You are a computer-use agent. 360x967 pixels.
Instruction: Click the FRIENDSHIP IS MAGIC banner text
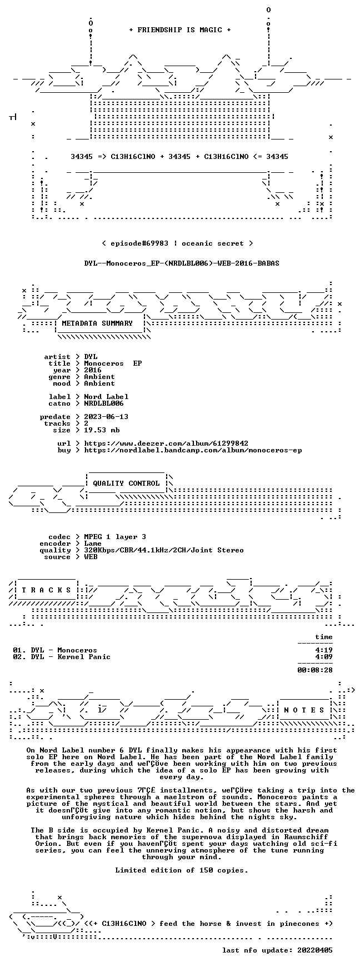click(x=179, y=30)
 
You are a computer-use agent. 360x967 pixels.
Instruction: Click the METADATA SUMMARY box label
click(x=97, y=323)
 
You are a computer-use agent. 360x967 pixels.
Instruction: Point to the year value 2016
click(x=93, y=370)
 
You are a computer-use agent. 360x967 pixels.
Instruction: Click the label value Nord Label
click(x=106, y=397)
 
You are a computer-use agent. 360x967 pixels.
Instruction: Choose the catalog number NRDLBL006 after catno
click(x=104, y=403)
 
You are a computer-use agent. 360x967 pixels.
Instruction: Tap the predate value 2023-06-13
click(x=106, y=417)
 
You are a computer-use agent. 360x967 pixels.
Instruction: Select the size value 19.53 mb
click(x=102, y=430)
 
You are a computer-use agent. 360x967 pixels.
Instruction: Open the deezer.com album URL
click(x=166, y=443)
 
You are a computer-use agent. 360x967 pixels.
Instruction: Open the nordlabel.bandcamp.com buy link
click(x=193, y=450)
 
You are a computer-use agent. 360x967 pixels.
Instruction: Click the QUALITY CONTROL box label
click(x=126, y=483)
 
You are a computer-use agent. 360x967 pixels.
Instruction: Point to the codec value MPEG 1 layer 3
click(x=115, y=537)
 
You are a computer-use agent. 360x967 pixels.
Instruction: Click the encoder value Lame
click(x=93, y=544)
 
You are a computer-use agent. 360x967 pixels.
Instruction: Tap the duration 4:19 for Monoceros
click(x=324, y=650)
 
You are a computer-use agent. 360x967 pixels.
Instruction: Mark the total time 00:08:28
click(x=315, y=670)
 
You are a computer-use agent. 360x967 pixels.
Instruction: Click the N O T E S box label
click(x=304, y=710)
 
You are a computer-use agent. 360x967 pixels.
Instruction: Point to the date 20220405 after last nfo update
click(x=315, y=950)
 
